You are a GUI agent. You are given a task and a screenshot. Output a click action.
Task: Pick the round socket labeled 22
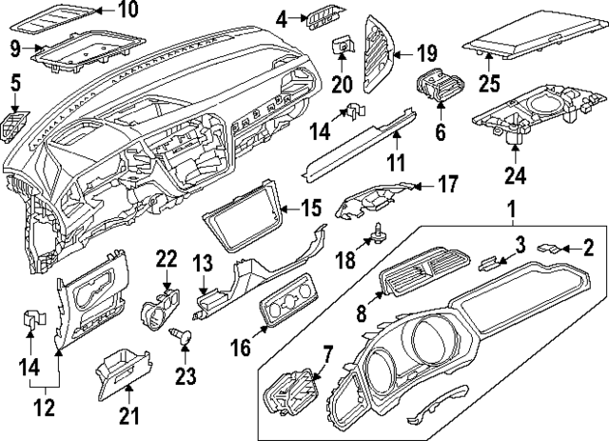158,309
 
